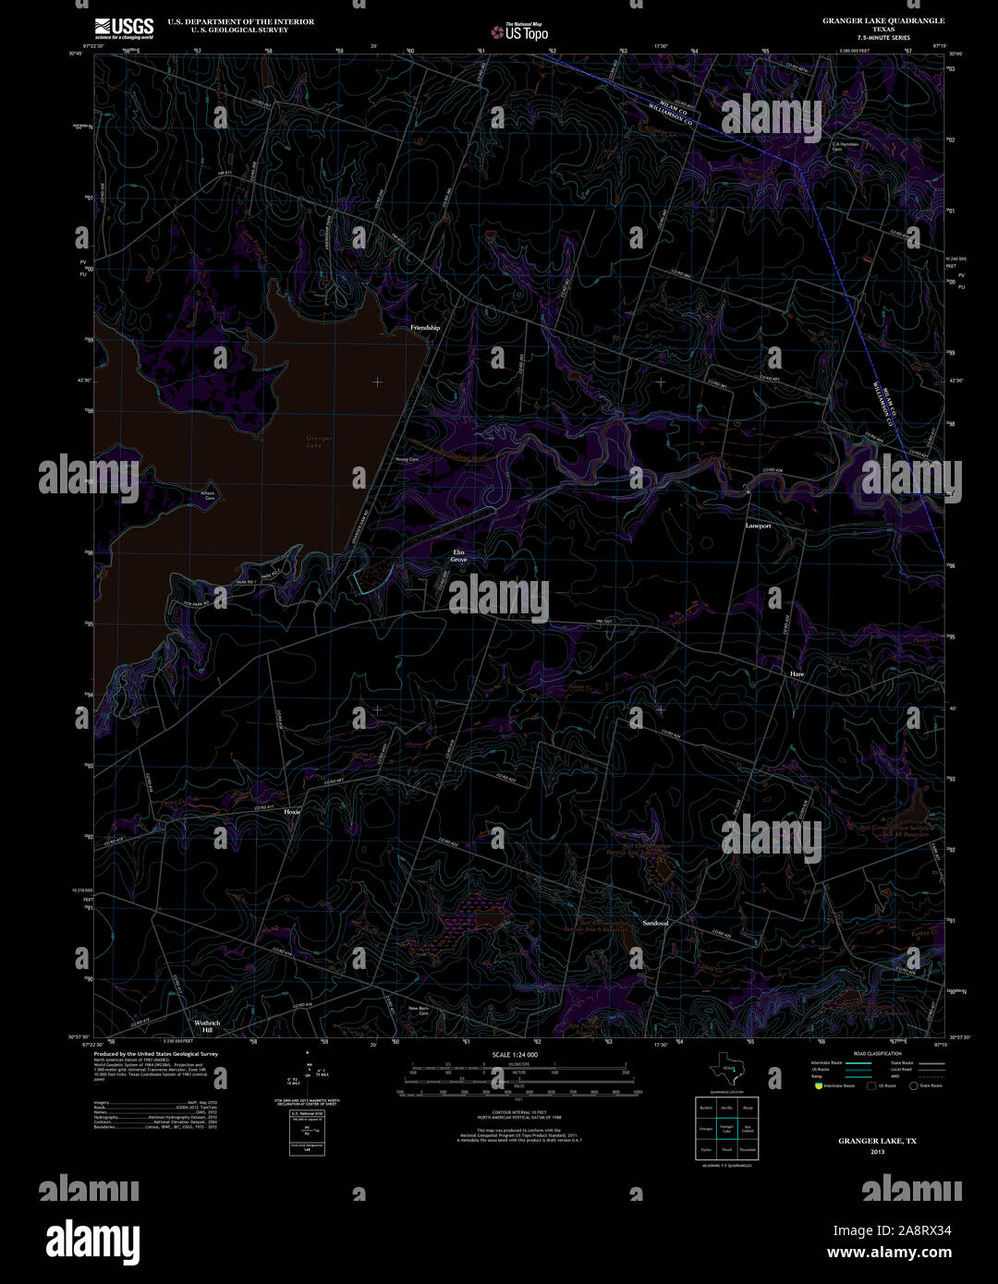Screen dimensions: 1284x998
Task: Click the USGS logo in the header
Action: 124,28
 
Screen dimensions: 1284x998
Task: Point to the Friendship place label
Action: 425,328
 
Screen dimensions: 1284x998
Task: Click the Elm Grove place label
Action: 458,556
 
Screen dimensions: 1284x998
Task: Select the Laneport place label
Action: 758,526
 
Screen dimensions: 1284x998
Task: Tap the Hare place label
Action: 797,674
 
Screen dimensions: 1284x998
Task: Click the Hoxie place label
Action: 292,812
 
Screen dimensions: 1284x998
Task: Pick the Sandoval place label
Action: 655,923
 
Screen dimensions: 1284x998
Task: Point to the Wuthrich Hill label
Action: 207,1026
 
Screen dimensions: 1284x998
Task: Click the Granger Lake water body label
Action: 320,442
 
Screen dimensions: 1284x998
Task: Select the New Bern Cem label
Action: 419,1011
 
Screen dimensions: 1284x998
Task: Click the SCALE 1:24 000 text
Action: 515,1055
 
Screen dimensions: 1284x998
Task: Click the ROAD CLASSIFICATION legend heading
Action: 877,1054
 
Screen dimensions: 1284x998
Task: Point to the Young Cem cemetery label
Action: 407,460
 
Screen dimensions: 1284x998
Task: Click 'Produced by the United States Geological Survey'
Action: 156,1054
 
